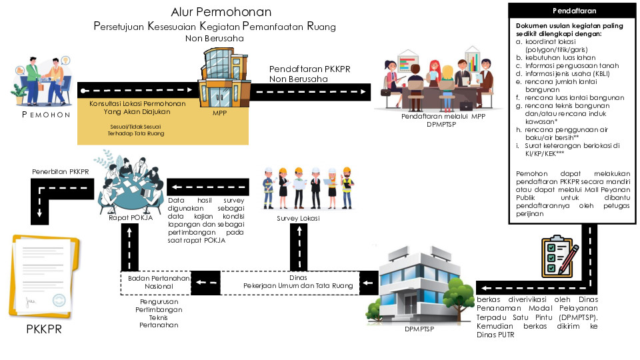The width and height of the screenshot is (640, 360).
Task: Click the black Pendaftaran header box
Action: (574, 11)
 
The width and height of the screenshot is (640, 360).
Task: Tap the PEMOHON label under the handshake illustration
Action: (46, 115)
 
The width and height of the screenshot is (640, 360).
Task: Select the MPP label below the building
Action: (220, 113)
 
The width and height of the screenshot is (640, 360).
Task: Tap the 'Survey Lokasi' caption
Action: (299, 218)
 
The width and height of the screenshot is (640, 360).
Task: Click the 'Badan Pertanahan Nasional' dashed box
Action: (155, 282)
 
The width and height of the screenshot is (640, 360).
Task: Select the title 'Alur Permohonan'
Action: (221, 12)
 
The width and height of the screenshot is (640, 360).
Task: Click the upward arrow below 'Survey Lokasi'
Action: (299, 245)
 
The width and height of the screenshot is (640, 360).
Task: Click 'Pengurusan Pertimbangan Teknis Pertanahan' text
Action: (159, 313)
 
